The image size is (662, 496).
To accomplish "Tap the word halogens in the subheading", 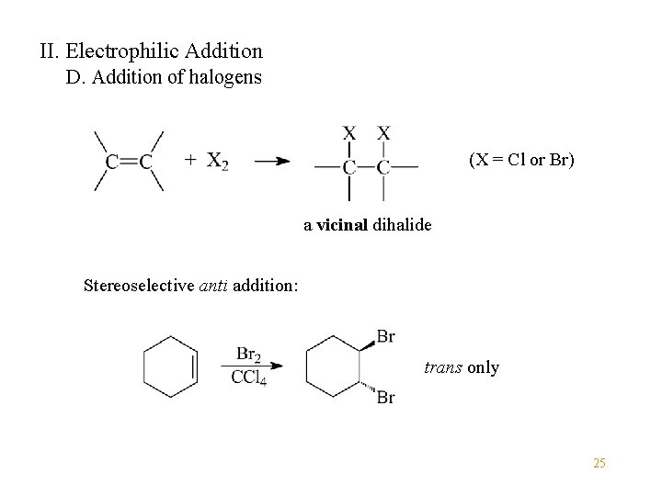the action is pyautogui.click(x=226, y=77).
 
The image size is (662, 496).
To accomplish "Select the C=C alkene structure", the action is pyautogui.click(x=129, y=162).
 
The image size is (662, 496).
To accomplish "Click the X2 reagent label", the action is pyautogui.click(x=218, y=162).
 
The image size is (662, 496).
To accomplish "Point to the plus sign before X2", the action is pyautogui.click(x=189, y=161).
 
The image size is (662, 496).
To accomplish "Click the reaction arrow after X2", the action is pyautogui.click(x=271, y=162).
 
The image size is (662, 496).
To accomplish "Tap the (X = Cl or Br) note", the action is pyautogui.click(x=521, y=160).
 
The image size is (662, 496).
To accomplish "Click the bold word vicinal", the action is pyautogui.click(x=342, y=224).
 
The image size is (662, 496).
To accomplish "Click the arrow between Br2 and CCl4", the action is pyautogui.click(x=251, y=366).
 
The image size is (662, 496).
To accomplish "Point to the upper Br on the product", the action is pyautogui.click(x=385, y=337).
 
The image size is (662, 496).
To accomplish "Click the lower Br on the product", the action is pyautogui.click(x=385, y=398).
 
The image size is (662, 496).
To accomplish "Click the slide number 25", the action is pyautogui.click(x=599, y=464).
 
